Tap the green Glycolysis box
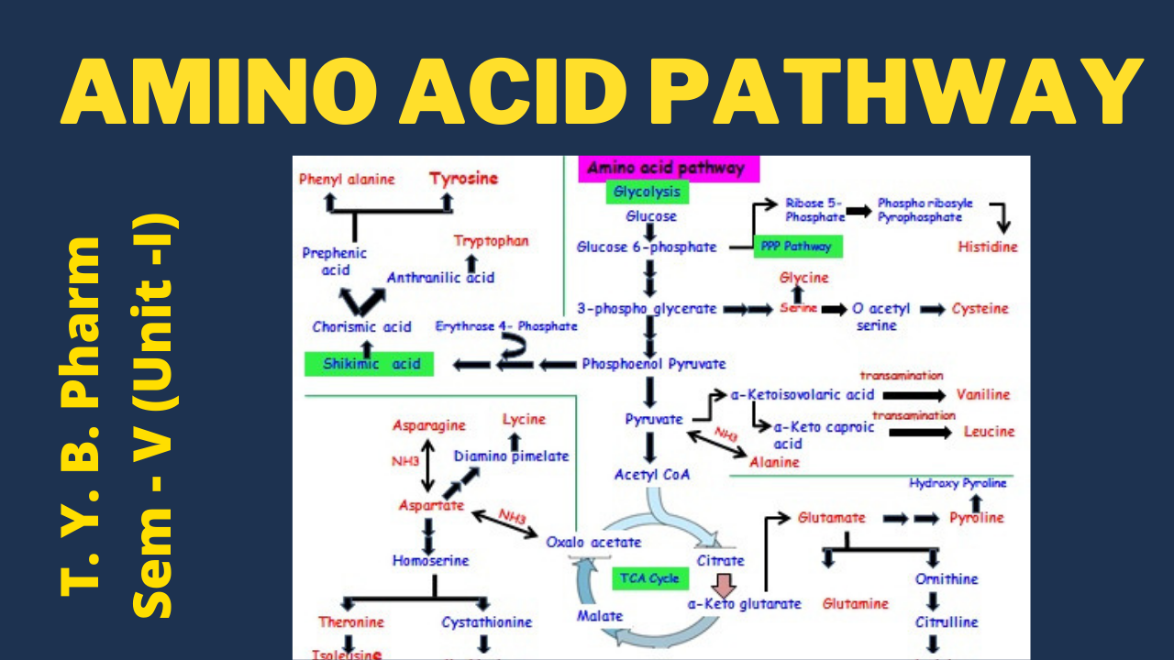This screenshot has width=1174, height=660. click(x=647, y=192)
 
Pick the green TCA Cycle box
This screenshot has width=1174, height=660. click(x=649, y=577)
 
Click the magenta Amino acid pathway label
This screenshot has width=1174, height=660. click(x=660, y=169)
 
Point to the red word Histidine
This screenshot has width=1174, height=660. click(x=988, y=247)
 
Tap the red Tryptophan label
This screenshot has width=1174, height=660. click(x=492, y=241)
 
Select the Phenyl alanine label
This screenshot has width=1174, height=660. click(x=347, y=180)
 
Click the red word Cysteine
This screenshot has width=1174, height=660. click(x=980, y=309)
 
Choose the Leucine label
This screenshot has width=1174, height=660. click(x=989, y=431)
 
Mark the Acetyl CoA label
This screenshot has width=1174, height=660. click(x=652, y=475)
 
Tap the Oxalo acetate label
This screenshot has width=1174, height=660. click(x=593, y=542)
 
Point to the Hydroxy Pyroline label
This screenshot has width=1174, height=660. click(x=958, y=482)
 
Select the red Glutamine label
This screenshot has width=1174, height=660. click(x=855, y=603)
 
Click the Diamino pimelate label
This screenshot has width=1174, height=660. click(x=511, y=456)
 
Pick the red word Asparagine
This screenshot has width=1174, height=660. click(x=428, y=425)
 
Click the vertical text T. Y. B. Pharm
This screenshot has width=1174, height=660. click(x=81, y=417)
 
